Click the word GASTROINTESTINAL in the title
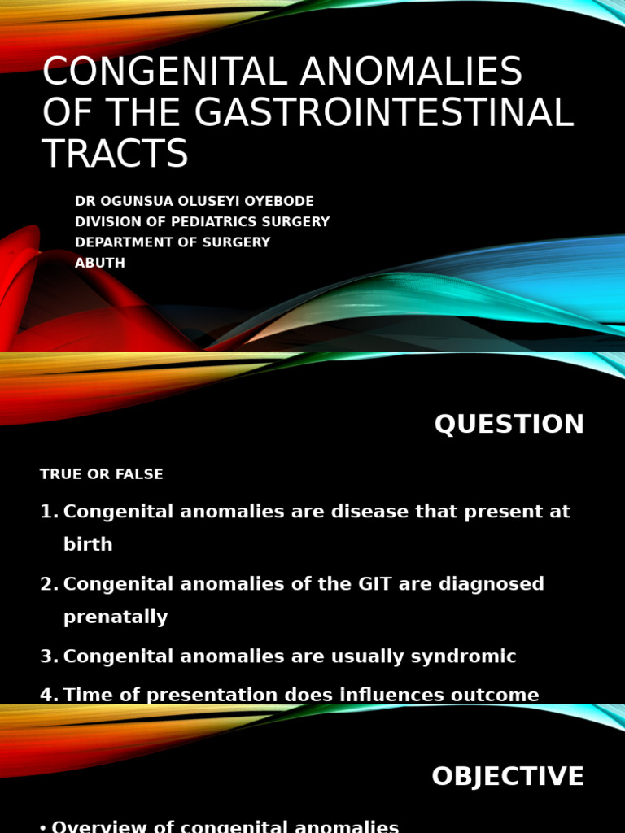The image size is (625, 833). (384, 112)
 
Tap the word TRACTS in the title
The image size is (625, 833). (115, 154)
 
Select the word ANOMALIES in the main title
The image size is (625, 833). (411, 72)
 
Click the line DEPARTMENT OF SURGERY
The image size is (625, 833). (173, 242)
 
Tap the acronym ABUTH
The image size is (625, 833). (100, 263)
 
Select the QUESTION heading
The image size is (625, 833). (509, 424)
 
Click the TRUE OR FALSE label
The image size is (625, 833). (102, 474)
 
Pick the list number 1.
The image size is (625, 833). (48, 512)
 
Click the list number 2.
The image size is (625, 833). (48, 584)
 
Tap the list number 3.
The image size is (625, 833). (48, 656)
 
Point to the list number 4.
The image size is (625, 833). (48, 695)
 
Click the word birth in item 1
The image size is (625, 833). (88, 545)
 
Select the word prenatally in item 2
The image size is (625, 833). (116, 617)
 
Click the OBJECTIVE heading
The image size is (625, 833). (507, 776)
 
